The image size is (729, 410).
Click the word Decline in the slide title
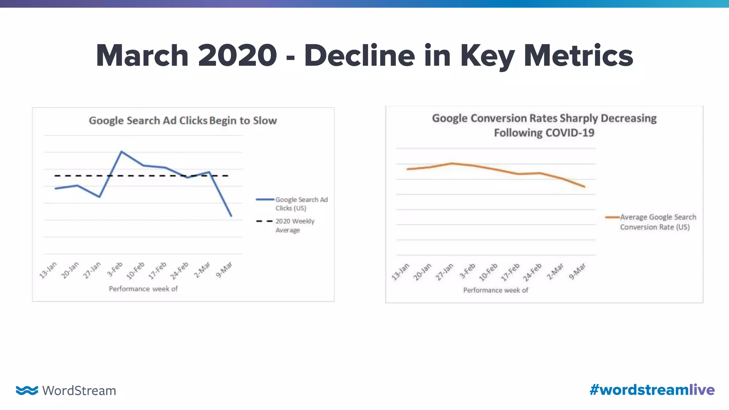tap(360, 56)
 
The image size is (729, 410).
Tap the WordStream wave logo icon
tap(27, 390)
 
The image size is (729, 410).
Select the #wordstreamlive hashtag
tap(652, 390)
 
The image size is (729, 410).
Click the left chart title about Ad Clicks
tap(183, 121)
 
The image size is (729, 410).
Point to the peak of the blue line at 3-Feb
tap(121, 152)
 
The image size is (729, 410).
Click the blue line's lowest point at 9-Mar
tap(231, 216)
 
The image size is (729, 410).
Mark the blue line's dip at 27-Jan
tap(99, 197)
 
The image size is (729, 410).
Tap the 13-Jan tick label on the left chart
tap(48, 270)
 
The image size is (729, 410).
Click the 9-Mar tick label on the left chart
tap(224, 270)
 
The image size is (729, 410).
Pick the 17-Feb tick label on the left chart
tap(158, 270)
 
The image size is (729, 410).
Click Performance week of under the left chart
tap(143, 289)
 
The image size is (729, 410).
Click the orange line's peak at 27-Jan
tap(452, 163)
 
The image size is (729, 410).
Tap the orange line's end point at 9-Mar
tap(584, 186)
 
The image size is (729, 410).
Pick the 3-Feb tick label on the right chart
tap(467, 271)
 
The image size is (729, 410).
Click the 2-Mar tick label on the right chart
tap(555, 272)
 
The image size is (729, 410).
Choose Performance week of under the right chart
tap(495, 290)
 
